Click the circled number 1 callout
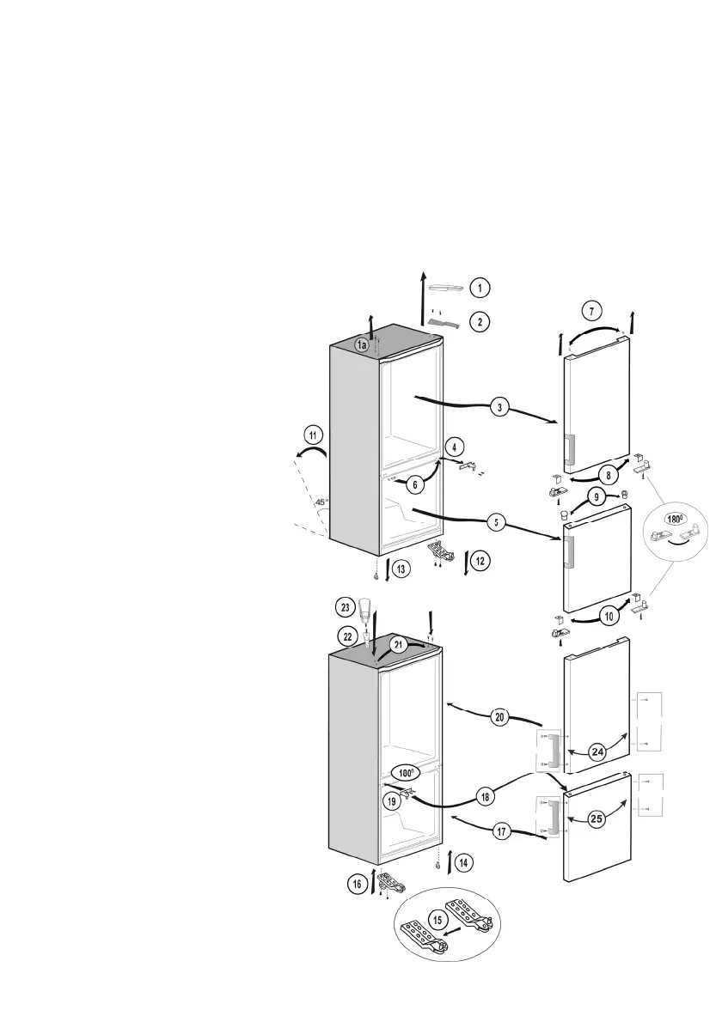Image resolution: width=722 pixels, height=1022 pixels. click(480, 288)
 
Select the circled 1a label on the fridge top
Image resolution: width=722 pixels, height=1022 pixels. click(363, 344)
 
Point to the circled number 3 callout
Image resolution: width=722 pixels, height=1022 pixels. click(499, 406)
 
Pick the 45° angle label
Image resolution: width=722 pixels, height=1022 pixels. click(321, 502)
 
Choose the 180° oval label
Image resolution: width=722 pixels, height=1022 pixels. click(676, 519)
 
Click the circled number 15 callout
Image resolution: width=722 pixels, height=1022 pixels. click(438, 921)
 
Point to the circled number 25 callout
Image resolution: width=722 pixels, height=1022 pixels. click(597, 818)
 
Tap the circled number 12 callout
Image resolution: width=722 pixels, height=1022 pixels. click(480, 561)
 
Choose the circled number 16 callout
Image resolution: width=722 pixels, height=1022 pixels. click(356, 882)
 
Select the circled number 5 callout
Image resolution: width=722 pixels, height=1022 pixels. click(498, 522)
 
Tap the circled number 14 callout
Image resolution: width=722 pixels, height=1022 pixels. click(462, 861)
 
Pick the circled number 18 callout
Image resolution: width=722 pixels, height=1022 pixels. click(486, 797)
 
